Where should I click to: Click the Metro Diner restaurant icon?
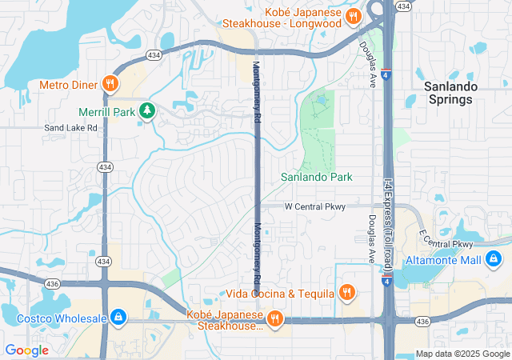(110, 84)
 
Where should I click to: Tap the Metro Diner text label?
(68, 84)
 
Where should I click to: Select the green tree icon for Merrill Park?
(146, 111)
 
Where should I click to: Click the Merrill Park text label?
(106, 112)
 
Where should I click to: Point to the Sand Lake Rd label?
(70, 127)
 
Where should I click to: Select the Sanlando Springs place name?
(450, 93)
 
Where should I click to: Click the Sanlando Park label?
(317, 177)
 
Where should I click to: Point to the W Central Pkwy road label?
(315, 206)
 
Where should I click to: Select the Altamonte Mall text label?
(443, 259)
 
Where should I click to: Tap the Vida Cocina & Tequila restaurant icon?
(346, 293)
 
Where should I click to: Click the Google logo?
(26, 350)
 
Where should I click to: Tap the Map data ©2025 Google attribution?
(462, 354)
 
